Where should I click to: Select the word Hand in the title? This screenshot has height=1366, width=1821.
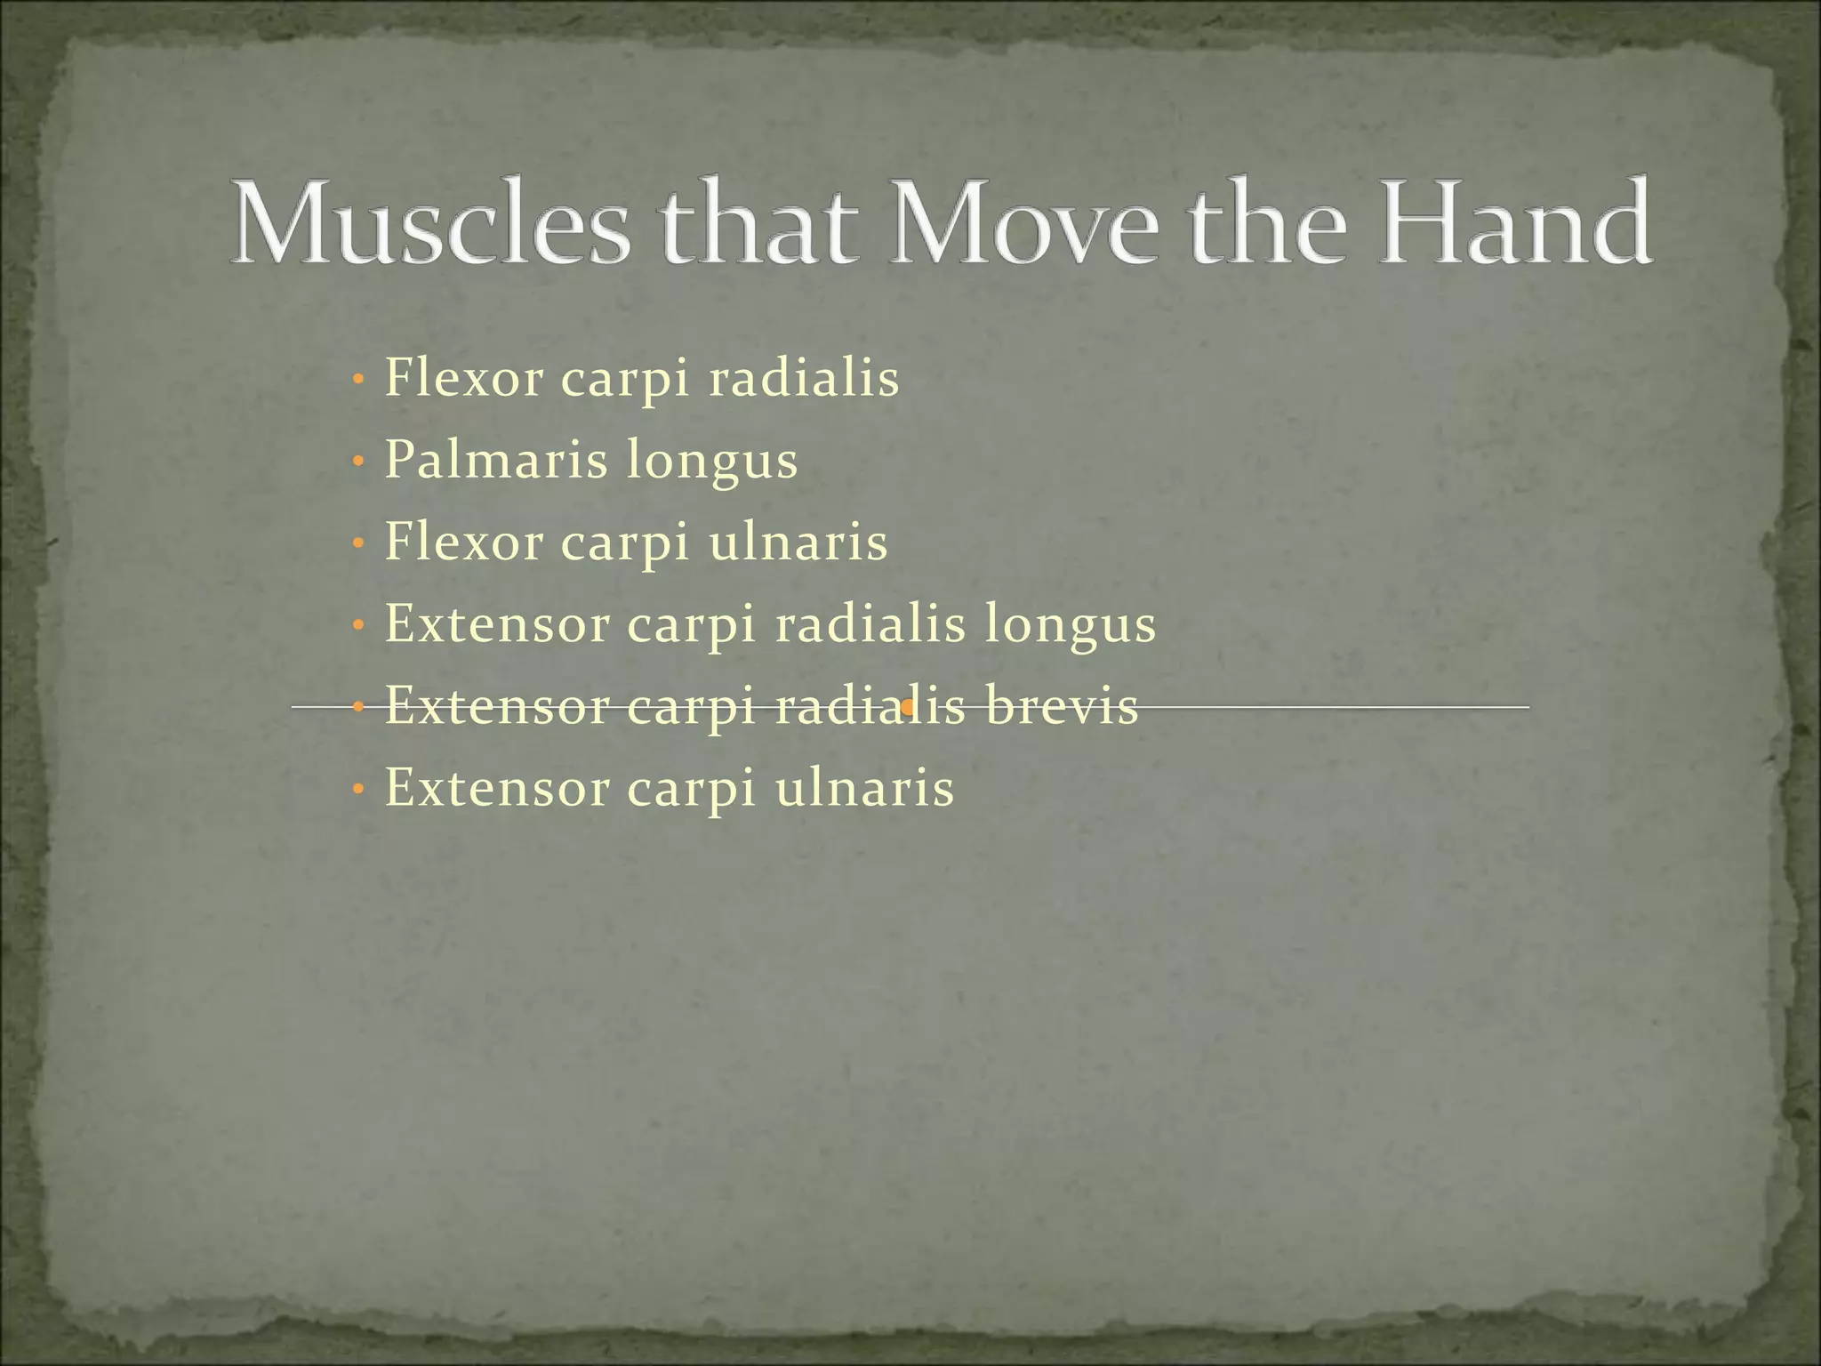[x=1515, y=222]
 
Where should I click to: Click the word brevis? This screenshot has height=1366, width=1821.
[x=1062, y=707]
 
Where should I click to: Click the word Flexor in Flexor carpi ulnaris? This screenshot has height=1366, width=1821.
[x=463, y=542]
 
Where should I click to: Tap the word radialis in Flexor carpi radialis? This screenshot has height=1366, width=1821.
[x=804, y=379]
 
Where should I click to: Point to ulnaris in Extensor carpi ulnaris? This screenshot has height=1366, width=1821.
[x=864, y=789]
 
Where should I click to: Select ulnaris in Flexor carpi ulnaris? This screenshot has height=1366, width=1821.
[x=798, y=542]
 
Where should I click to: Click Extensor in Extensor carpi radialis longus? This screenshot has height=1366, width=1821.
[x=497, y=624]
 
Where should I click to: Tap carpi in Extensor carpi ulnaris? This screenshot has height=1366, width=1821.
[x=692, y=791]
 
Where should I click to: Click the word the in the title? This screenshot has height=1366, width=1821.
[x=1268, y=222]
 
